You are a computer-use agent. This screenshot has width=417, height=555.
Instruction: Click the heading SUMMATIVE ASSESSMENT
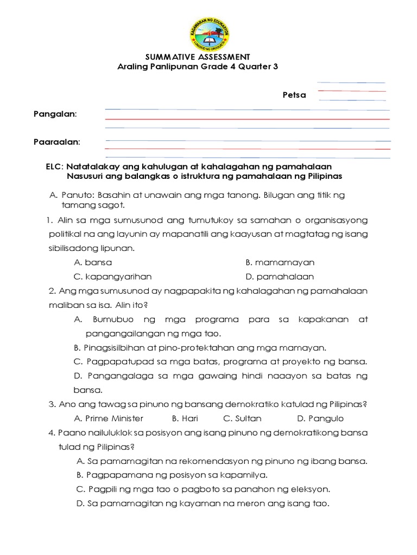click(199, 57)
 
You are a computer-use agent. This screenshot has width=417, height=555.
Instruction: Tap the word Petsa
click(294, 95)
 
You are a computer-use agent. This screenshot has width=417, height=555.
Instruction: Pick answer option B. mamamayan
click(280, 262)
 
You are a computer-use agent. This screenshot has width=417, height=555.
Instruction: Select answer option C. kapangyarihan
click(112, 276)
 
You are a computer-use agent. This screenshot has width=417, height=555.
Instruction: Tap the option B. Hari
click(184, 418)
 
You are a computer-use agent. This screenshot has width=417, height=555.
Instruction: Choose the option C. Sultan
click(242, 418)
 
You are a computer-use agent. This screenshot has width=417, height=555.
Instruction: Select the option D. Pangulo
click(320, 418)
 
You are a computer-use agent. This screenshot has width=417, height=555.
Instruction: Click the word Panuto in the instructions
click(73, 195)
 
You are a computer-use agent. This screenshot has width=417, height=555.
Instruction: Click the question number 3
click(50, 404)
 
